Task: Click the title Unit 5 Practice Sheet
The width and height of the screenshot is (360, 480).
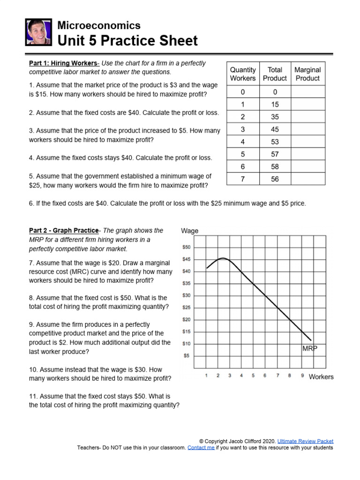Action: [127, 41]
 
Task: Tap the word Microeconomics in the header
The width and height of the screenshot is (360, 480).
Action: [98, 25]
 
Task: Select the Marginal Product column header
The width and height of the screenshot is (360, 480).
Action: [307, 74]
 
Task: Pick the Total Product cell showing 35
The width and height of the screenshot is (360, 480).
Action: [275, 117]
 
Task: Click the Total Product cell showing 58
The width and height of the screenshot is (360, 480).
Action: [275, 166]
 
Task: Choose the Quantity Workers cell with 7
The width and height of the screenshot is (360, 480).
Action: [243, 179]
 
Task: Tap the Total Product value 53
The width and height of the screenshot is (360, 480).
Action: [275, 142]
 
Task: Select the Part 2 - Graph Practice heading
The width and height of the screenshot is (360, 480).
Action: [64, 231]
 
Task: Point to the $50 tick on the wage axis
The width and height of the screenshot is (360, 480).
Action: [186, 247]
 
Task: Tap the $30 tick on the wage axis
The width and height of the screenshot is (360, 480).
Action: [186, 295]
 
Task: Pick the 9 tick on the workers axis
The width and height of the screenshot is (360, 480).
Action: [302, 375]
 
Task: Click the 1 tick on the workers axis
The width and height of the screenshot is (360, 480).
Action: [206, 375]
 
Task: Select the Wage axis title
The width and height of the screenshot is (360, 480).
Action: [189, 231]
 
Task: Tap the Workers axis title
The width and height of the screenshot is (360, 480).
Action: [321, 377]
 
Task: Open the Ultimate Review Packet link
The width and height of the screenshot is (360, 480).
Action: [305, 441]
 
